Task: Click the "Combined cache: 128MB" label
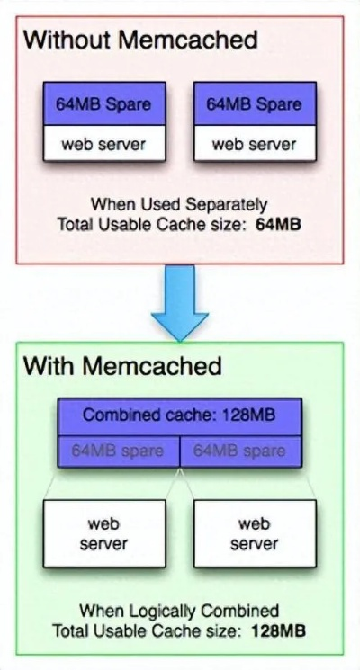[180, 415]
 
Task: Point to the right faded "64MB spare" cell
[240, 451]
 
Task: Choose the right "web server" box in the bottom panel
[255, 533]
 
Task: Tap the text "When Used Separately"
[180, 204]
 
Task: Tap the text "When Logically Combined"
[179, 612]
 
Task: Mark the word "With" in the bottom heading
[48, 366]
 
